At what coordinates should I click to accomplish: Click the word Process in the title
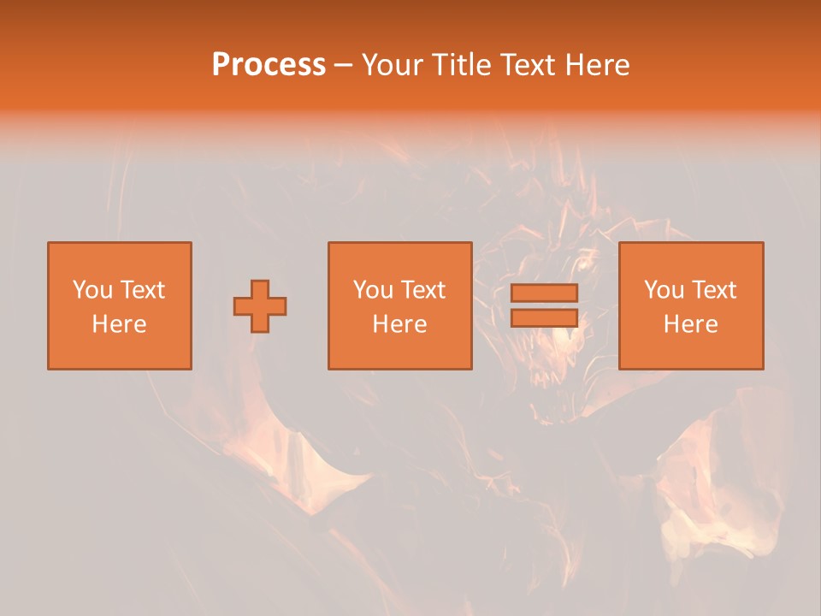[269, 65]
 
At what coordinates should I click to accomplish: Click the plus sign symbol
[260, 306]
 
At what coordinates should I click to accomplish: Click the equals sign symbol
[544, 305]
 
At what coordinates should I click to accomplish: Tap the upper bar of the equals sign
[544, 293]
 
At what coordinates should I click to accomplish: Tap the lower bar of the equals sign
[544, 317]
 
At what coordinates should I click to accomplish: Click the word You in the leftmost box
[92, 290]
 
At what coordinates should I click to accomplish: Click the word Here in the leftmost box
[119, 324]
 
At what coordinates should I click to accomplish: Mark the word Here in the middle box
[399, 324]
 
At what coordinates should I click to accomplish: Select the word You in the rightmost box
[664, 290]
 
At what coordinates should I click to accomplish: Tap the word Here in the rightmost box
[690, 324]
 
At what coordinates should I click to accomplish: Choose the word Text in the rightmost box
[713, 290]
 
